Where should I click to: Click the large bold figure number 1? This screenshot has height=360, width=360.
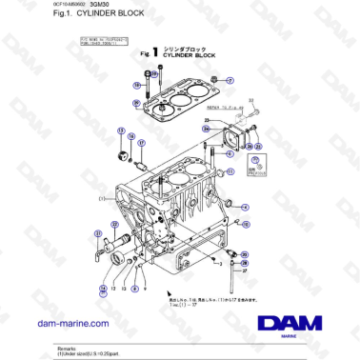click(x=153, y=54)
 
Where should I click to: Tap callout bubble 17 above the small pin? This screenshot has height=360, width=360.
click(x=141, y=144)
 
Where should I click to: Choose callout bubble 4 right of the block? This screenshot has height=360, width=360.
click(x=245, y=206)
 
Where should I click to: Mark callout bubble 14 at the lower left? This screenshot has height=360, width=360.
click(x=103, y=285)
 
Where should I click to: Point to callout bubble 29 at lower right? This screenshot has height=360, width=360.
click(x=243, y=257)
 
